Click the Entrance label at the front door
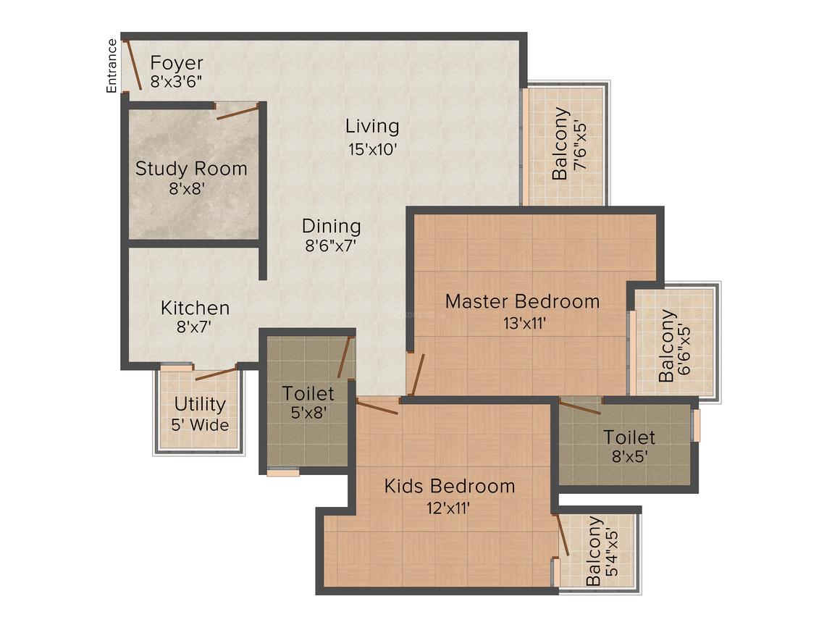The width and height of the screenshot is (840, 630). (112, 66)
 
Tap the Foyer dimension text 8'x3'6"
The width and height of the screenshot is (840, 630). (176, 82)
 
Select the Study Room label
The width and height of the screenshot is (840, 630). (191, 169)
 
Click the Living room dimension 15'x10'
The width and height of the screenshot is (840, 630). (373, 149)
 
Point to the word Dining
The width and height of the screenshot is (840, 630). (331, 226)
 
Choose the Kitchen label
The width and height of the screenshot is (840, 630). (195, 308)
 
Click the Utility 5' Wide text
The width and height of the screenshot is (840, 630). (200, 413)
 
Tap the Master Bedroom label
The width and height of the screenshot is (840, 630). (522, 301)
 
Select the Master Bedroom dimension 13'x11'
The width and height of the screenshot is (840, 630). (524, 324)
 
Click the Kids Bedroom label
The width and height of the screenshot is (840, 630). (450, 486)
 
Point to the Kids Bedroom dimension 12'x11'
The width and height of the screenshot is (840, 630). (448, 508)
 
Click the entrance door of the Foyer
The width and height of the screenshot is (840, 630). (132, 64)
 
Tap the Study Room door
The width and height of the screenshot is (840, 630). (238, 112)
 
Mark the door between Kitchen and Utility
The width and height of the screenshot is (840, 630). (216, 372)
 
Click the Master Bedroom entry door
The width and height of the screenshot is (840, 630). (416, 374)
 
